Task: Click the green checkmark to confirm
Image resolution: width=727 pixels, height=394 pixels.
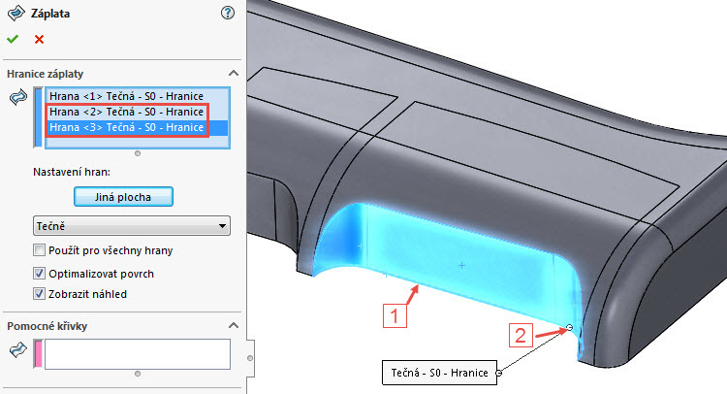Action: click(12, 39)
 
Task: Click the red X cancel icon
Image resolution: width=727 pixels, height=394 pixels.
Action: click(39, 39)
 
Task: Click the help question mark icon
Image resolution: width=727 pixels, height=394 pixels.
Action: click(228, 13)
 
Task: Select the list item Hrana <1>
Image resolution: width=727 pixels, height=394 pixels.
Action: click(126, 97)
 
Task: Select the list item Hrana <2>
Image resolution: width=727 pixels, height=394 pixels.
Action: click(126, 113)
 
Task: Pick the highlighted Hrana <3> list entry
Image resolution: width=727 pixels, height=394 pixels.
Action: click(126, 127)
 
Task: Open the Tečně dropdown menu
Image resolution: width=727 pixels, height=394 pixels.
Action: click(131, 226)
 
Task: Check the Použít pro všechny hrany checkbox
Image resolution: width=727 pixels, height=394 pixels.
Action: click(40, 251)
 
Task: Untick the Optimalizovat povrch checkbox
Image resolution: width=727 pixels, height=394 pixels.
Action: click(40, 273)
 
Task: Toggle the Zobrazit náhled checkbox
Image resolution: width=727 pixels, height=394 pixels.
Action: click(40, 294)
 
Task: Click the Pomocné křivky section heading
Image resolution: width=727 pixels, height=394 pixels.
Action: click(47, 325)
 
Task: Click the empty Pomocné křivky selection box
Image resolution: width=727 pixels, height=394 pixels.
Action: click(136, 353)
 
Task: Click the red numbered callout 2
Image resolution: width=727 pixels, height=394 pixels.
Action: click(521, 337)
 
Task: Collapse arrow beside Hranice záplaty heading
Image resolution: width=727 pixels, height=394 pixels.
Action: click(233, 74)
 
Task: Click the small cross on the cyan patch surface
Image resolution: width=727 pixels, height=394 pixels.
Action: click(461, 265)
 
